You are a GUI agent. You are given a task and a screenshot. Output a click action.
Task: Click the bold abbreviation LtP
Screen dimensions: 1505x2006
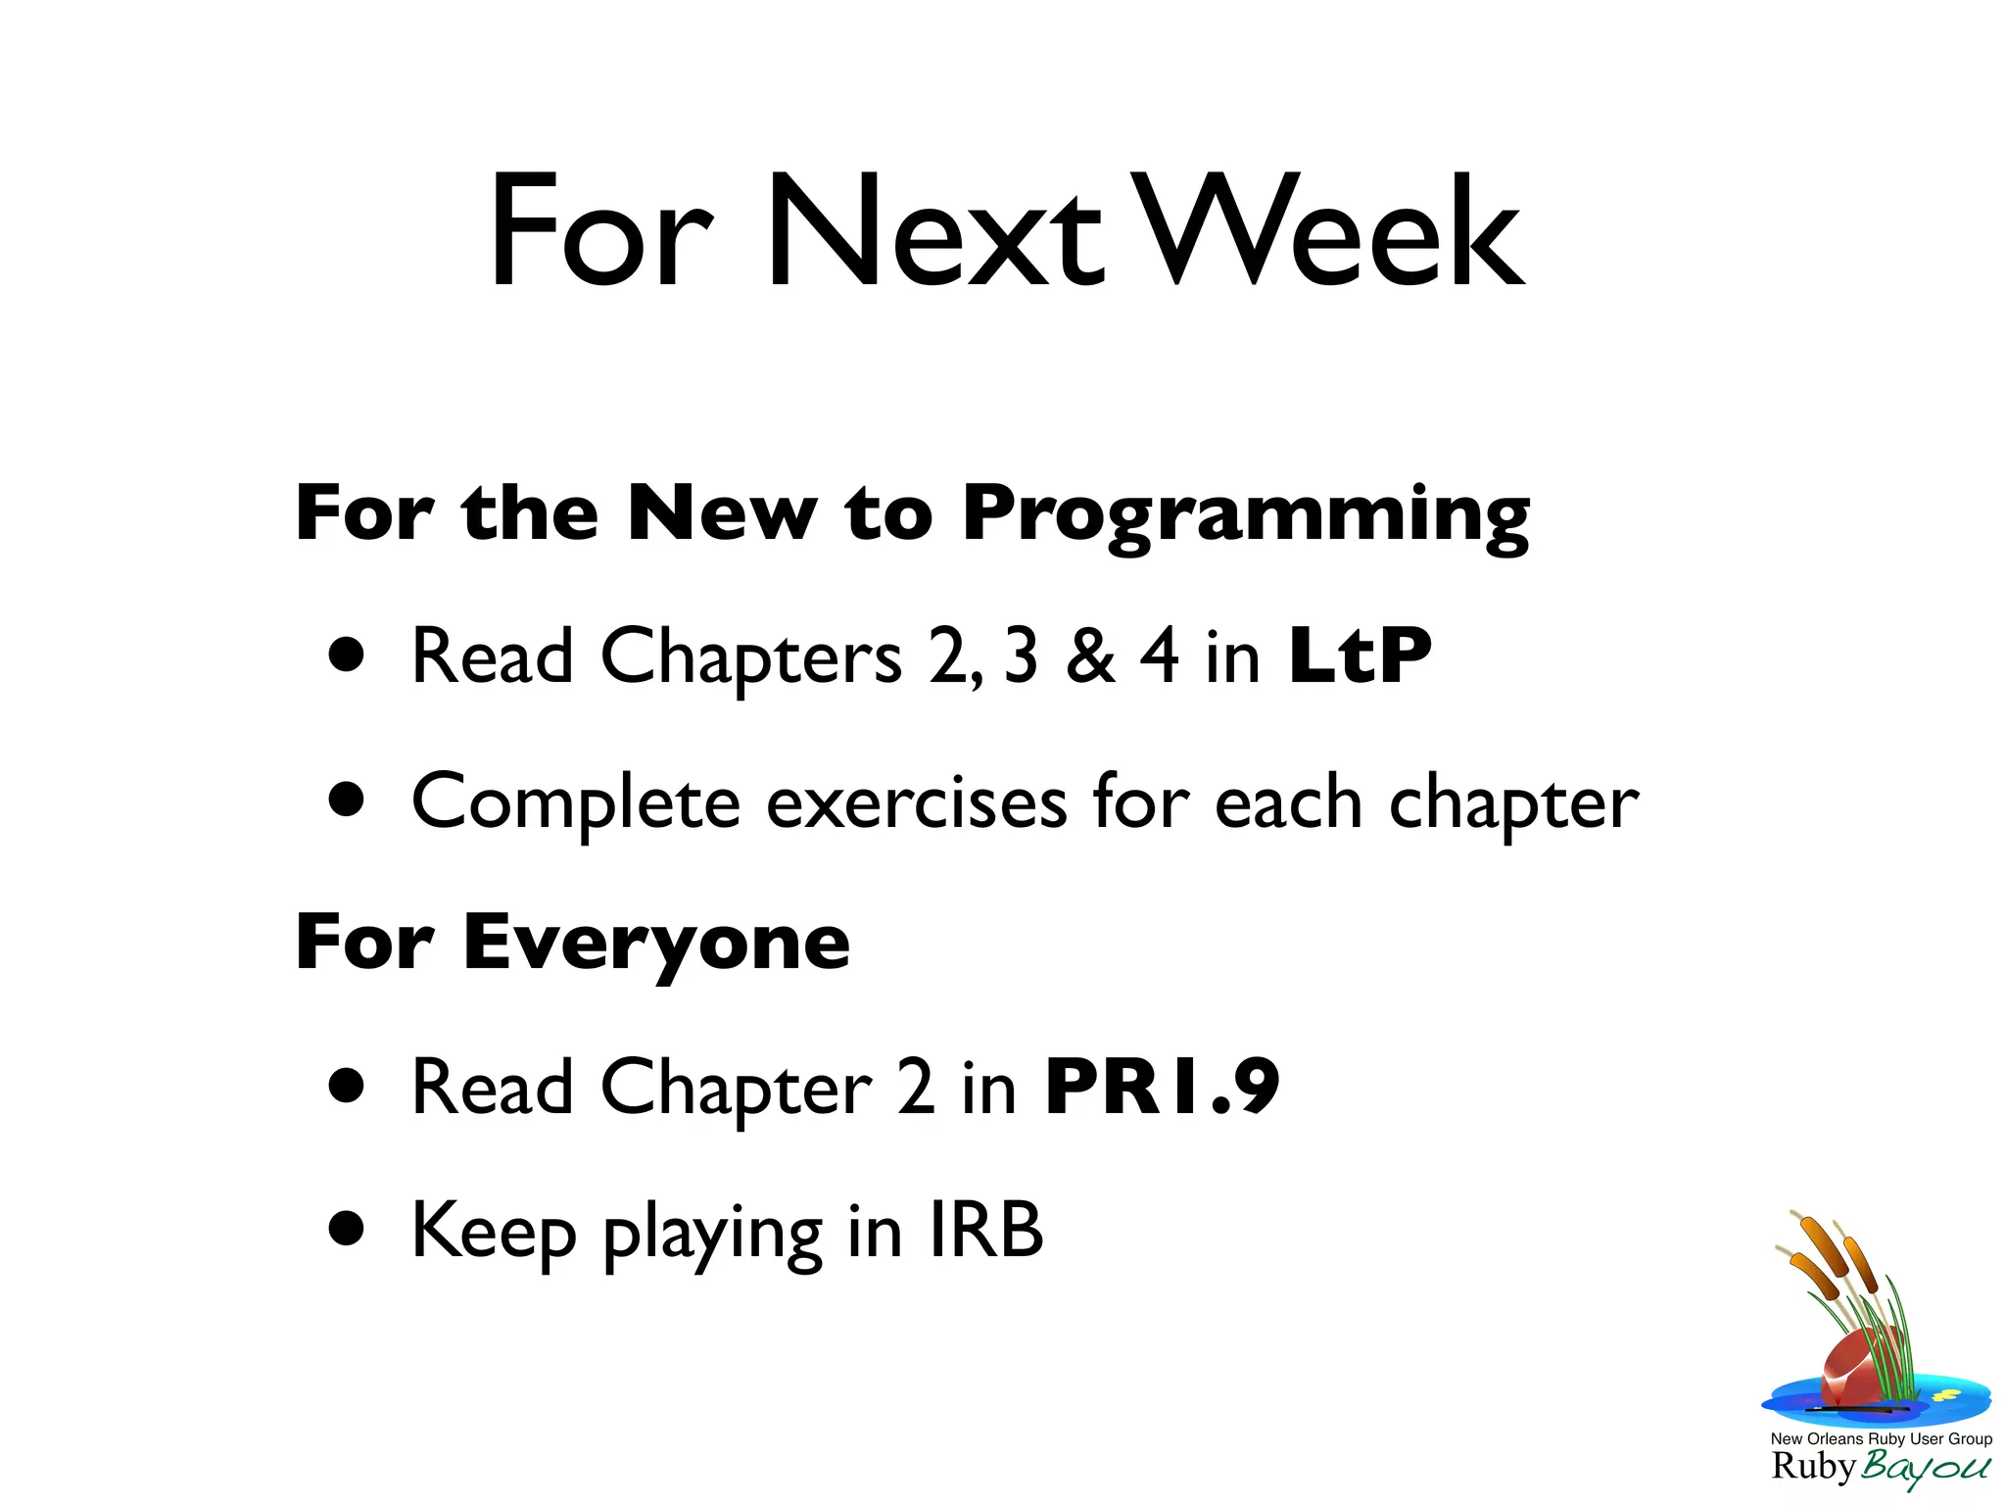click(1360, 655)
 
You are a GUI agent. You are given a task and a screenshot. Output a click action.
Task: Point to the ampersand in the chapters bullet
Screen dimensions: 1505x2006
click(1090, 655)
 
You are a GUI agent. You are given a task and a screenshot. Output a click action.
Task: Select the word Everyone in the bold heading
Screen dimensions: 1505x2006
click(656, 943)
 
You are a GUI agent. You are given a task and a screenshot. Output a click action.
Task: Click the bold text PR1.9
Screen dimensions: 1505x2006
click(1162, 1087)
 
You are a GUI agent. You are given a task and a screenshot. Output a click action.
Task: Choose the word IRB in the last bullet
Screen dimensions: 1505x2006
click(985, 1231)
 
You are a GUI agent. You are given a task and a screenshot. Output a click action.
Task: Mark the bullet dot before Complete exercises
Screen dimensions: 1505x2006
click(347, 800)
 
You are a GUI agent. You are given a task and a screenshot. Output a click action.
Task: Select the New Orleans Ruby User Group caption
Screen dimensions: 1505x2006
click(1881, 1439)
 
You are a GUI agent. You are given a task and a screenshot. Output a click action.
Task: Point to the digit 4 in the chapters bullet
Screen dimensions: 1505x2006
click(1159, 655)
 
